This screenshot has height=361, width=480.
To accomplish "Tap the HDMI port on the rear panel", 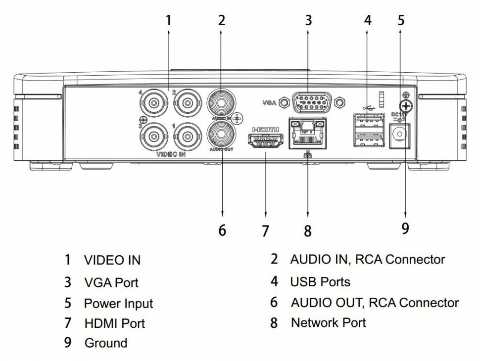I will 265,141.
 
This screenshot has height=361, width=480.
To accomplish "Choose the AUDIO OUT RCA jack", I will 221,133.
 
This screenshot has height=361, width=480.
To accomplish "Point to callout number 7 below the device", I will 265,230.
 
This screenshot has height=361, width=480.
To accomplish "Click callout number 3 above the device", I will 308,20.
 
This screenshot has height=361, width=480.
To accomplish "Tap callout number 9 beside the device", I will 405,228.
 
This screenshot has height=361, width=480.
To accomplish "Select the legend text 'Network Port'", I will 329,323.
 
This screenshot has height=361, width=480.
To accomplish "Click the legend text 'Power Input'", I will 118,303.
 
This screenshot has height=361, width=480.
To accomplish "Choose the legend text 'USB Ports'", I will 320,282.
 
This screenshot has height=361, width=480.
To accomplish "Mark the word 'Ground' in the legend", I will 106,343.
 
